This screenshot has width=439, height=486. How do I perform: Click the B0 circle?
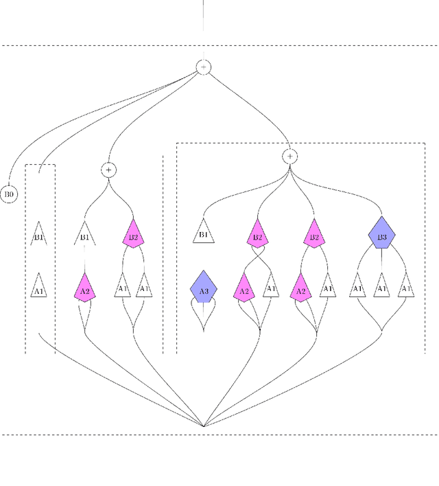pos(10,194)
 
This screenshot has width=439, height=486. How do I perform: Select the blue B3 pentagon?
pos(382,235)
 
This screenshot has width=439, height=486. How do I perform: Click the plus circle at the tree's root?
pos(204,67)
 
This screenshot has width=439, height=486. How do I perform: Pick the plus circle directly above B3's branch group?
pos(290,157)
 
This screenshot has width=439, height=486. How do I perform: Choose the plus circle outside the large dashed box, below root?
pos(108,169)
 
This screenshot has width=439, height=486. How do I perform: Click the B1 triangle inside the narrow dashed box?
pos(39,235)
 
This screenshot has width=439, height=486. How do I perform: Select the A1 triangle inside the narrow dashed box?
pos(39,288)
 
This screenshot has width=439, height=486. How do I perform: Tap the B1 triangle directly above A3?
pos(203,233)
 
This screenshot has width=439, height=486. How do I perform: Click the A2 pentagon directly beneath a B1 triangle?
pos(84,289)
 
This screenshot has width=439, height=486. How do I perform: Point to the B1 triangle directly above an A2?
pos(84,235)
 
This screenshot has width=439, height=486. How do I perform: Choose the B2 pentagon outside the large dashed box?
pos(132,235)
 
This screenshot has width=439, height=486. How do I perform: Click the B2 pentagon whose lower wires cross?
pos(257,235)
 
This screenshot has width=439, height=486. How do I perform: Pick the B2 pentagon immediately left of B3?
pos(314,235)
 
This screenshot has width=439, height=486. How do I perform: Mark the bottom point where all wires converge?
pos(204,426)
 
